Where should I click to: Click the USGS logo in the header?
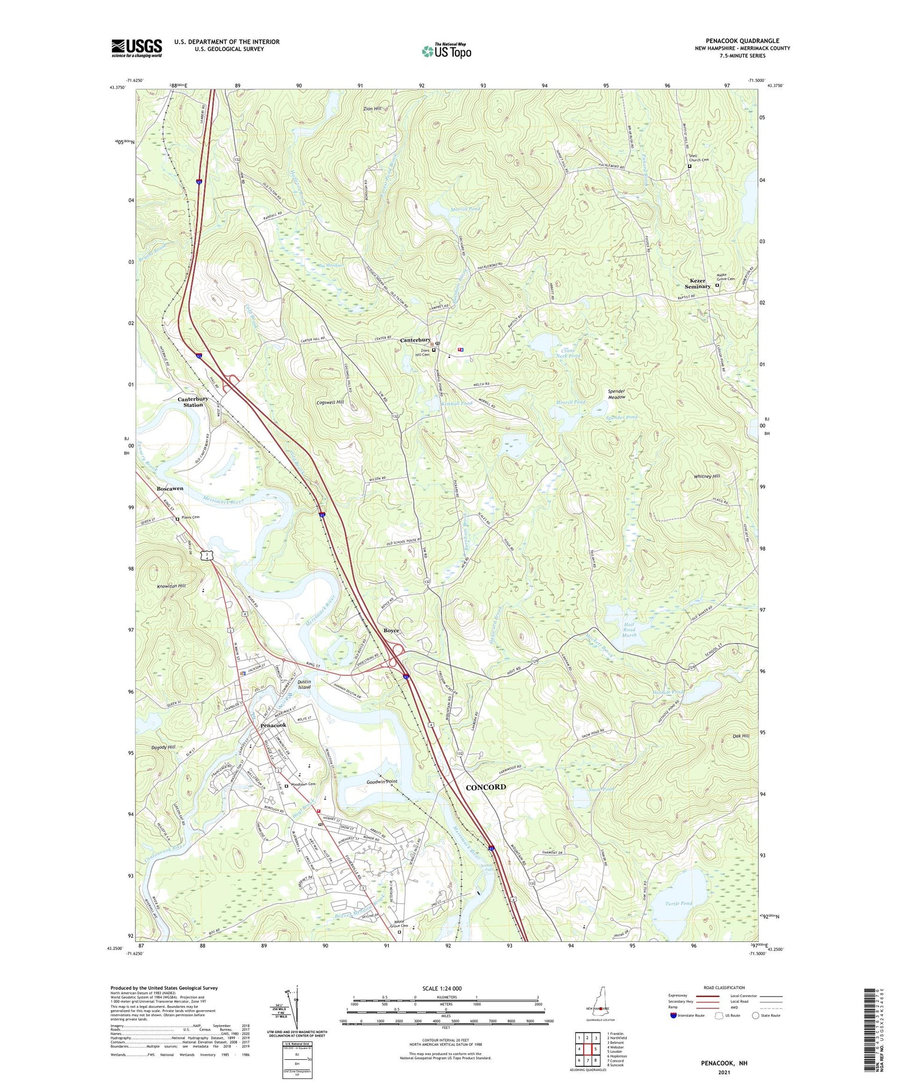[136, 48]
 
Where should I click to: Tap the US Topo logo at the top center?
[446, 51]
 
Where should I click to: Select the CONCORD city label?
[486, 787]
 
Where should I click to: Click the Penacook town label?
[273, 725]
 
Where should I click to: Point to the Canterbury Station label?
[193, 402]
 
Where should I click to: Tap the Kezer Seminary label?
[697, 283]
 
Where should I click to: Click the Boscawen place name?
[170, 489]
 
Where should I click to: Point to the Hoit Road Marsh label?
[629, 630]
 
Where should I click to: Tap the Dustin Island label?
[304, 684]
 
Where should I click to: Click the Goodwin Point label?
[382, 782]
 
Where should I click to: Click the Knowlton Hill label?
[171, 586]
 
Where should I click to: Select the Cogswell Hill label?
[330, 402]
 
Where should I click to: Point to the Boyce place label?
[391, 631]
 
